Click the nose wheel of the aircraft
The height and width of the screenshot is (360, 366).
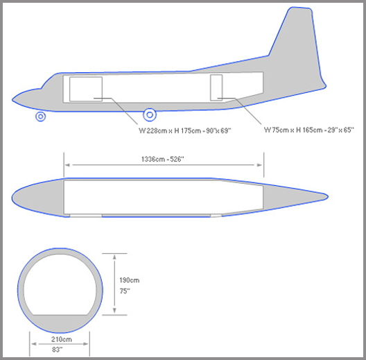tap(41, 117)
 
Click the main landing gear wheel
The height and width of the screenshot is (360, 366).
tap(150, 114)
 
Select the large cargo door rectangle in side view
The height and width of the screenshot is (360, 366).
tap(86, 89)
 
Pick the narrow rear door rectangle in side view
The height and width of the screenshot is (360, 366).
tap(216, 87)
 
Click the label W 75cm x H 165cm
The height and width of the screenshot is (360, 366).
tap(290, 130)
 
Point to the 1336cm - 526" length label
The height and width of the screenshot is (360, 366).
tap(163, 159)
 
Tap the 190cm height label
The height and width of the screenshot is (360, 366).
tap(130, 280)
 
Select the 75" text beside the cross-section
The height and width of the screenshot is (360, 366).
tap(125, 291)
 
